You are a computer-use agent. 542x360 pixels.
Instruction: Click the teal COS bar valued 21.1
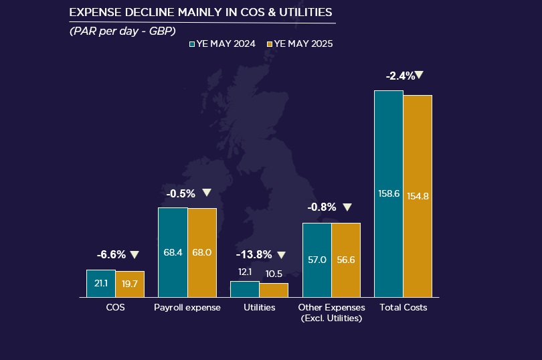click(101, 283)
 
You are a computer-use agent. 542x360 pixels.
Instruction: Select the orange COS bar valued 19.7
click(130, 284)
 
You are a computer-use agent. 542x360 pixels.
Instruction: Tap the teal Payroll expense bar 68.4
click(173, 252)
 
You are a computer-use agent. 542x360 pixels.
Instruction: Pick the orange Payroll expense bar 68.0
click(201, 253)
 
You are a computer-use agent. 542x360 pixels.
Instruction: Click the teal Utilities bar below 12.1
click(244, 289)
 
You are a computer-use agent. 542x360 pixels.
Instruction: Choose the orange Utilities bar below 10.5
click(274, 290)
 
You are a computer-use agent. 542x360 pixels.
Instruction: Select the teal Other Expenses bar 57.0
click(317, 260)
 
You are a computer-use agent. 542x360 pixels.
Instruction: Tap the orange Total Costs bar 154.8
click(418, 196)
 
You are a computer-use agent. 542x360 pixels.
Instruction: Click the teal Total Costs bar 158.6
click(389, 193)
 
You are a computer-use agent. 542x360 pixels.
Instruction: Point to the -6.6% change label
click(111, 255)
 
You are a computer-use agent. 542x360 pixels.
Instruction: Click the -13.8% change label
click(254, 255)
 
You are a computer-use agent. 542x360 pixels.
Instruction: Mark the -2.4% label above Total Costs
click(400, 76)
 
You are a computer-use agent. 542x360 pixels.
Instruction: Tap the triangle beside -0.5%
click(207, 193)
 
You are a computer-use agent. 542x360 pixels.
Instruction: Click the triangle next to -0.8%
click(347, 207)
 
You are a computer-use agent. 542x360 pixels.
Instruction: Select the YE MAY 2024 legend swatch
click(192, 44)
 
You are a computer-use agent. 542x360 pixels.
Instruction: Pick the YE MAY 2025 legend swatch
click(270, 44)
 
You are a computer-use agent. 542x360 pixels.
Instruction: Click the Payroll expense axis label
click(187, 308)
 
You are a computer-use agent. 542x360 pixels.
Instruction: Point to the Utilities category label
click(259, 308)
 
